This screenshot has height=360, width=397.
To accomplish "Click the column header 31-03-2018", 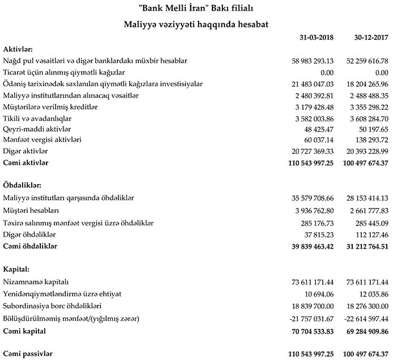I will pos(316,39).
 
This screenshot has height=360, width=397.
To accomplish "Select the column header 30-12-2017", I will pos(370,39).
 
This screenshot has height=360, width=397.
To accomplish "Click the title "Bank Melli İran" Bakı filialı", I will pos(198,8).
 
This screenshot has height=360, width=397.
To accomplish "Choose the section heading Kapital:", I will pos(16,268).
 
